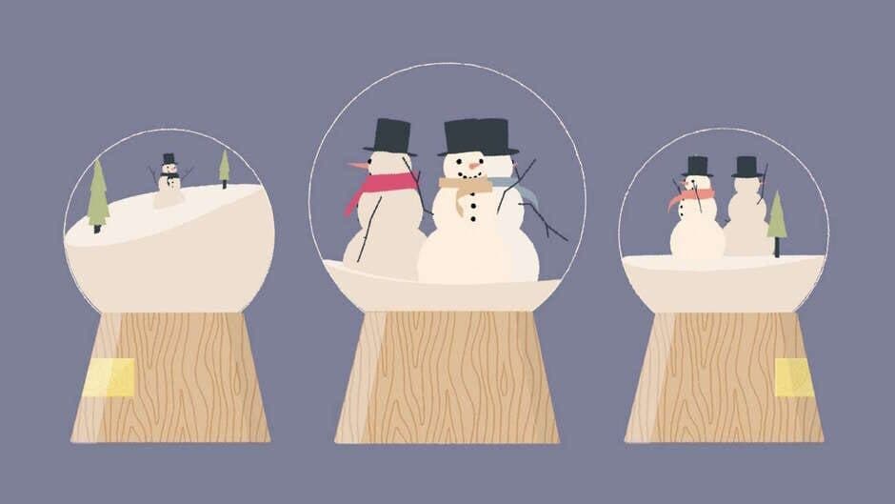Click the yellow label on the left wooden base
[x=109, y=377]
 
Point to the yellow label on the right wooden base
[x=793, y=377]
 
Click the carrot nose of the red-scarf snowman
[x=357, y=166]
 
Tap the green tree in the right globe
[x=777, y=216]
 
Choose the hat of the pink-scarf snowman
[x=697, y=166]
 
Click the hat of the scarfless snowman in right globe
[x=746, y=166]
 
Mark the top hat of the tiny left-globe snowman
[x=169, y=158]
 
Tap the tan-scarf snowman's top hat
[x=467, y=137]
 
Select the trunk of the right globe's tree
[x=777, y=248]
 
